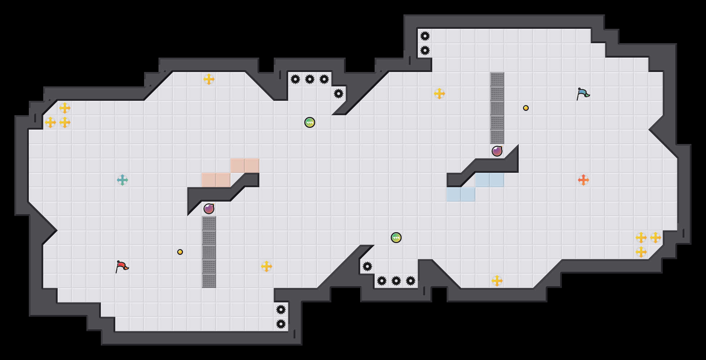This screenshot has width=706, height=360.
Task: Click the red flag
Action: pos(122,266)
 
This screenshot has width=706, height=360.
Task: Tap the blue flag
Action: pos(583,94)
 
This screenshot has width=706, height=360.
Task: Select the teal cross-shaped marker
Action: pos(122,180)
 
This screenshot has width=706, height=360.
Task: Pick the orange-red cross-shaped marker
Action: pos(584,180)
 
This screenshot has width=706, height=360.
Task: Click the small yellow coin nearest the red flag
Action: pos(180,252)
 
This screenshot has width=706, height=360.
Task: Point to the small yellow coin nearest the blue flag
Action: pos(526,108)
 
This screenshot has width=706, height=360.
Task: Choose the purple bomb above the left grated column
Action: pos(209,209)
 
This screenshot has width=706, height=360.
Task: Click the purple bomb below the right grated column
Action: pos(497,151)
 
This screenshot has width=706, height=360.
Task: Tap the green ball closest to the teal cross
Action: pos(310,122)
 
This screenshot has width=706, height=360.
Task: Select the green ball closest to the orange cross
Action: pos(396,238)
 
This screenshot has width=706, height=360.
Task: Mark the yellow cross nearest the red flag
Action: pos(267,266)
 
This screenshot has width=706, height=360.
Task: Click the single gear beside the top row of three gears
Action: pos(339,94)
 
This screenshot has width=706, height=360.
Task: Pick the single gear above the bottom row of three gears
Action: pos(367,266)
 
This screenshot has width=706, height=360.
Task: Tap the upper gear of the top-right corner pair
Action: pos(425,36)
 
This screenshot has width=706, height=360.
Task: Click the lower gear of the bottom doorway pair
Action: pos(281,324)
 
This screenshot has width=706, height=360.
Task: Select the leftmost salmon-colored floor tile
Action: pos(209,180)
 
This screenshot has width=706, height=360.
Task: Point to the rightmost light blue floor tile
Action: pos(497,180)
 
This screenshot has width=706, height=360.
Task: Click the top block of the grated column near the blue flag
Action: pos(497,79)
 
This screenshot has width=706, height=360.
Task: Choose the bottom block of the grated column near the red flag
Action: pos(209,281)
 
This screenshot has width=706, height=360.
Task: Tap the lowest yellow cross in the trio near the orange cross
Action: pos(641,252)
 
